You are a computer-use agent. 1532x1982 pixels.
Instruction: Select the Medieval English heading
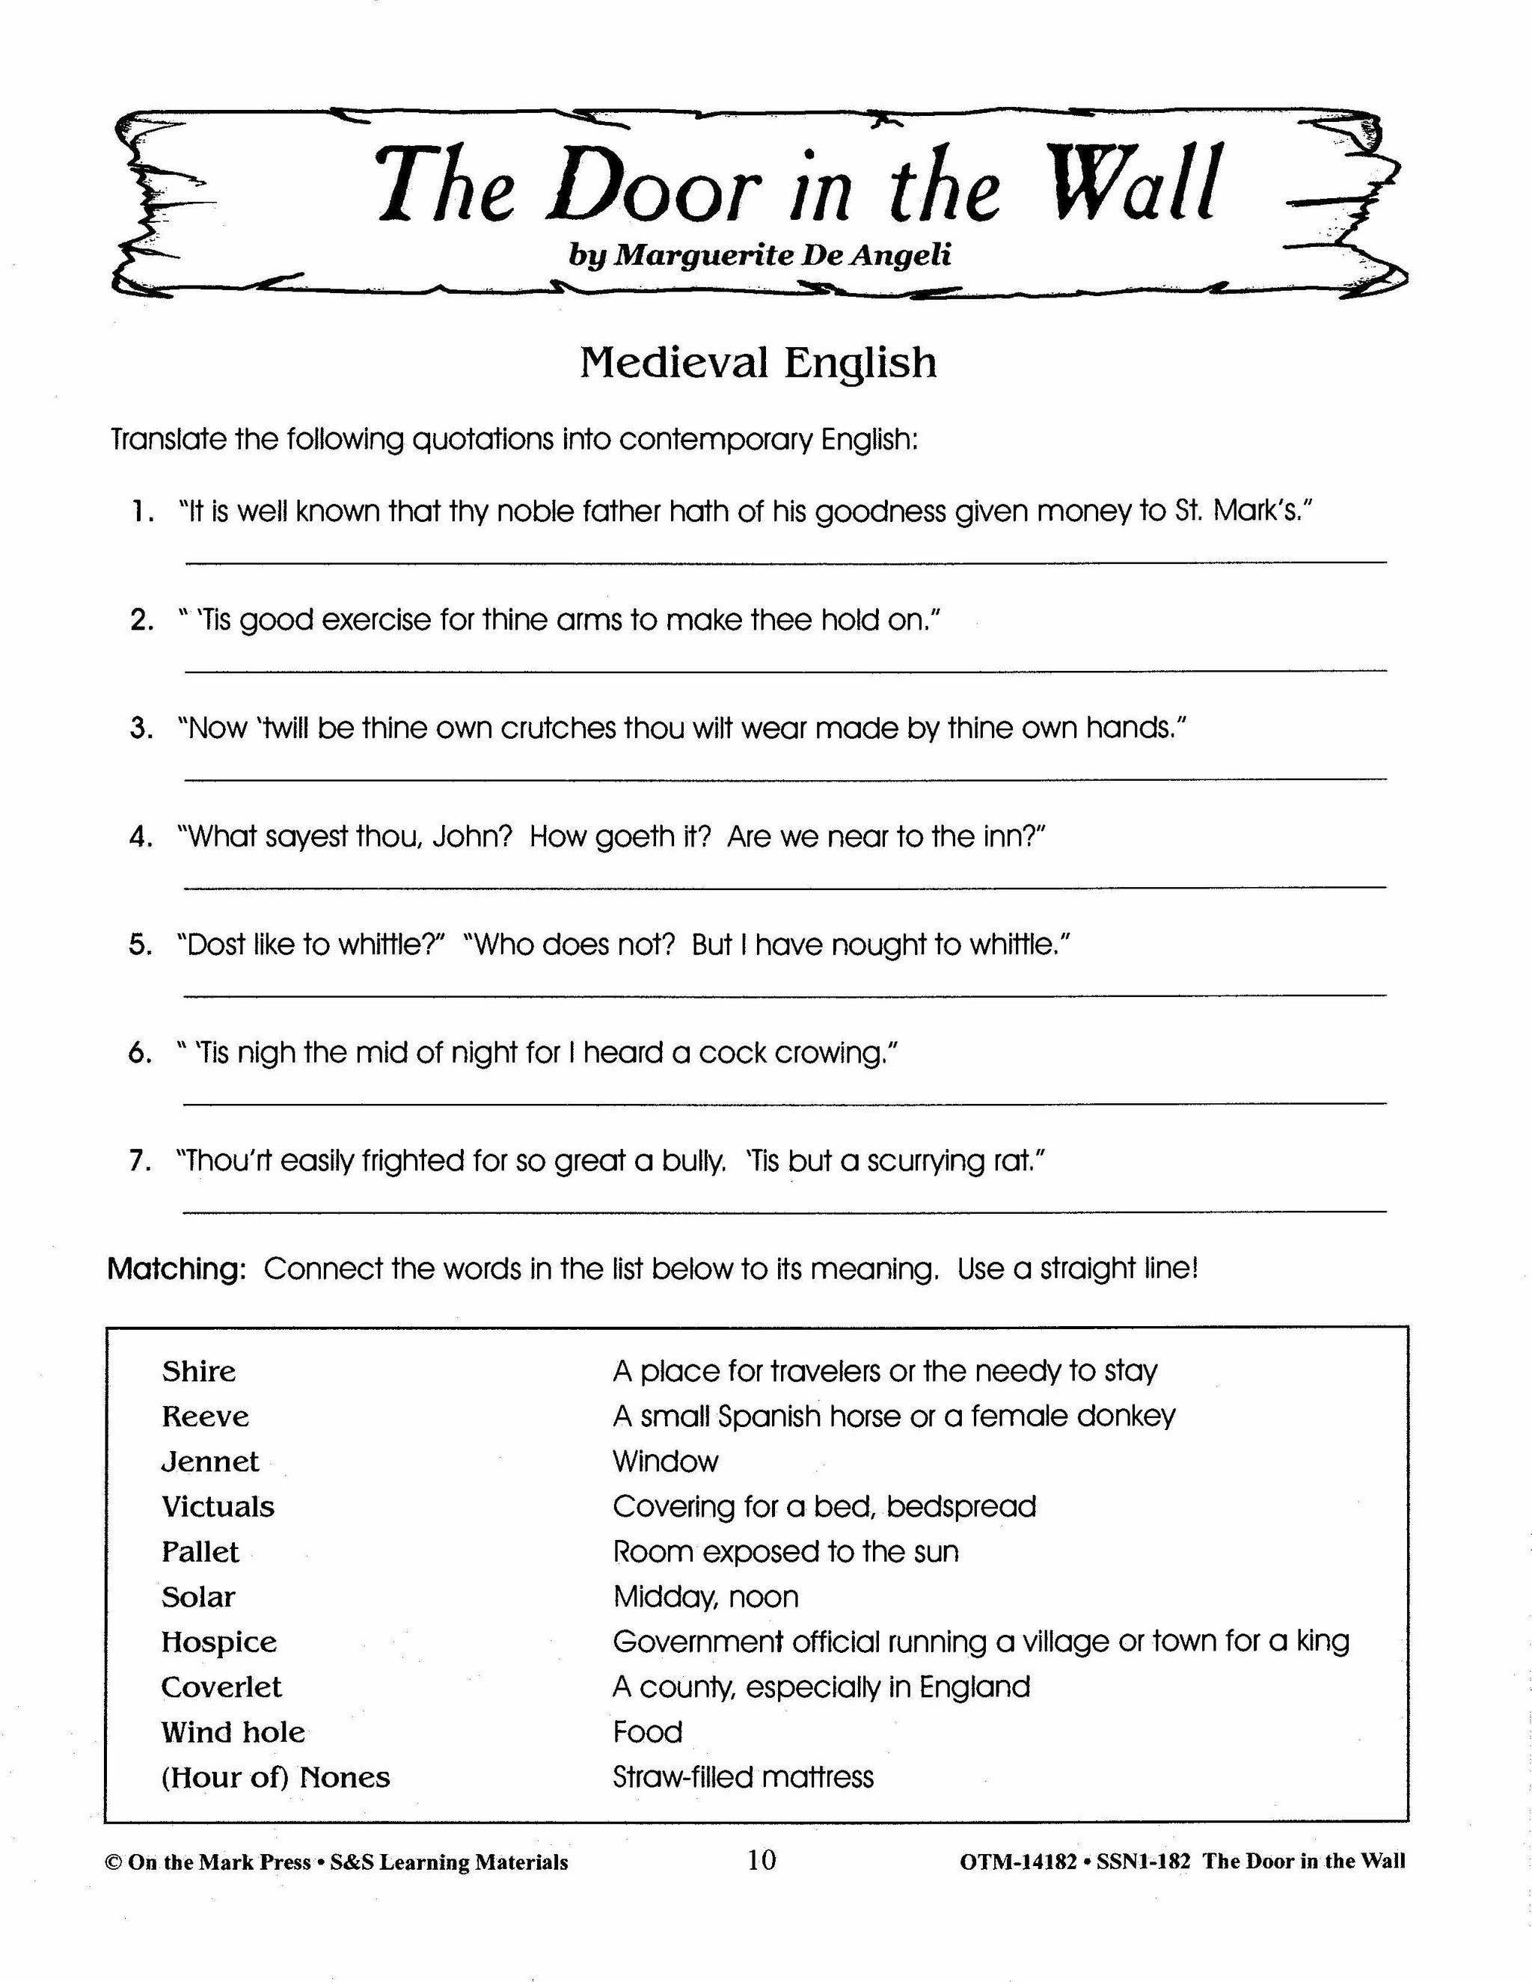point(758,363)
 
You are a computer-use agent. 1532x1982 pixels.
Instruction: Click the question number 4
point(140,836)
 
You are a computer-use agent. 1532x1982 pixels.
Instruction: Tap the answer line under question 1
point(785,562)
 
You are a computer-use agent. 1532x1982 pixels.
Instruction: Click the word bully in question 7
point(689,1161)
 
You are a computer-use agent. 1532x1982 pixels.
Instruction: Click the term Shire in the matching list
point(199,1371)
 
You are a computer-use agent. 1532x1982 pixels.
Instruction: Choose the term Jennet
point(209,1462)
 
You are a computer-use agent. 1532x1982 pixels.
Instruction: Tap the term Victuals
point(218,1507)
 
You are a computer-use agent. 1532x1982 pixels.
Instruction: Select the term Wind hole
point(233,1732)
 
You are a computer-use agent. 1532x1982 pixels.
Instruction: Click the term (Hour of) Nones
point(276,1778)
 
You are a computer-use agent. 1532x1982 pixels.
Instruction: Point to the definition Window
point(665,1462)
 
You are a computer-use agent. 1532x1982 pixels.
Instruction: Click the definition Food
point(647,1732)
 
